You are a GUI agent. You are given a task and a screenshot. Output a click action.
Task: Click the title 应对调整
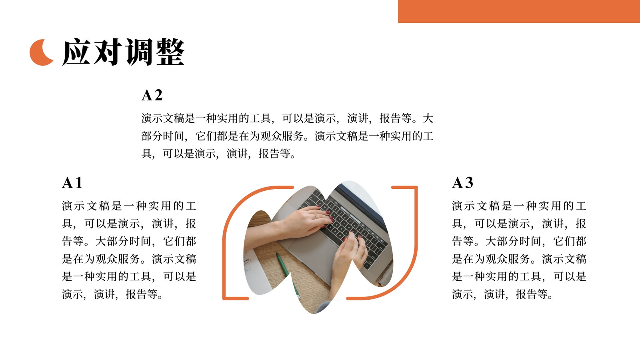point(124,52)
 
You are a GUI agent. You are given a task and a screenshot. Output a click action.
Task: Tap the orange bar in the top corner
point(519,12)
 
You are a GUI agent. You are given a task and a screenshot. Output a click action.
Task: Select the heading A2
point(152,95)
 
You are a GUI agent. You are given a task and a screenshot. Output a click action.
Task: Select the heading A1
point(72,182)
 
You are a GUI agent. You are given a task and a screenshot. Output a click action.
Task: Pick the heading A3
point(462,182)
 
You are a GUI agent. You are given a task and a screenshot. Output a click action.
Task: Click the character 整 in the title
point(170,52)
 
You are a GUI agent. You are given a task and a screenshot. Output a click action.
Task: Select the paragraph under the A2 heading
point(288,136)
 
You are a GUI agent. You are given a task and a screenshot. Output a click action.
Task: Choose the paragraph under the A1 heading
point(129,250)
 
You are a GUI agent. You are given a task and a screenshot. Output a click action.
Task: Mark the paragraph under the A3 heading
point(519,250)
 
